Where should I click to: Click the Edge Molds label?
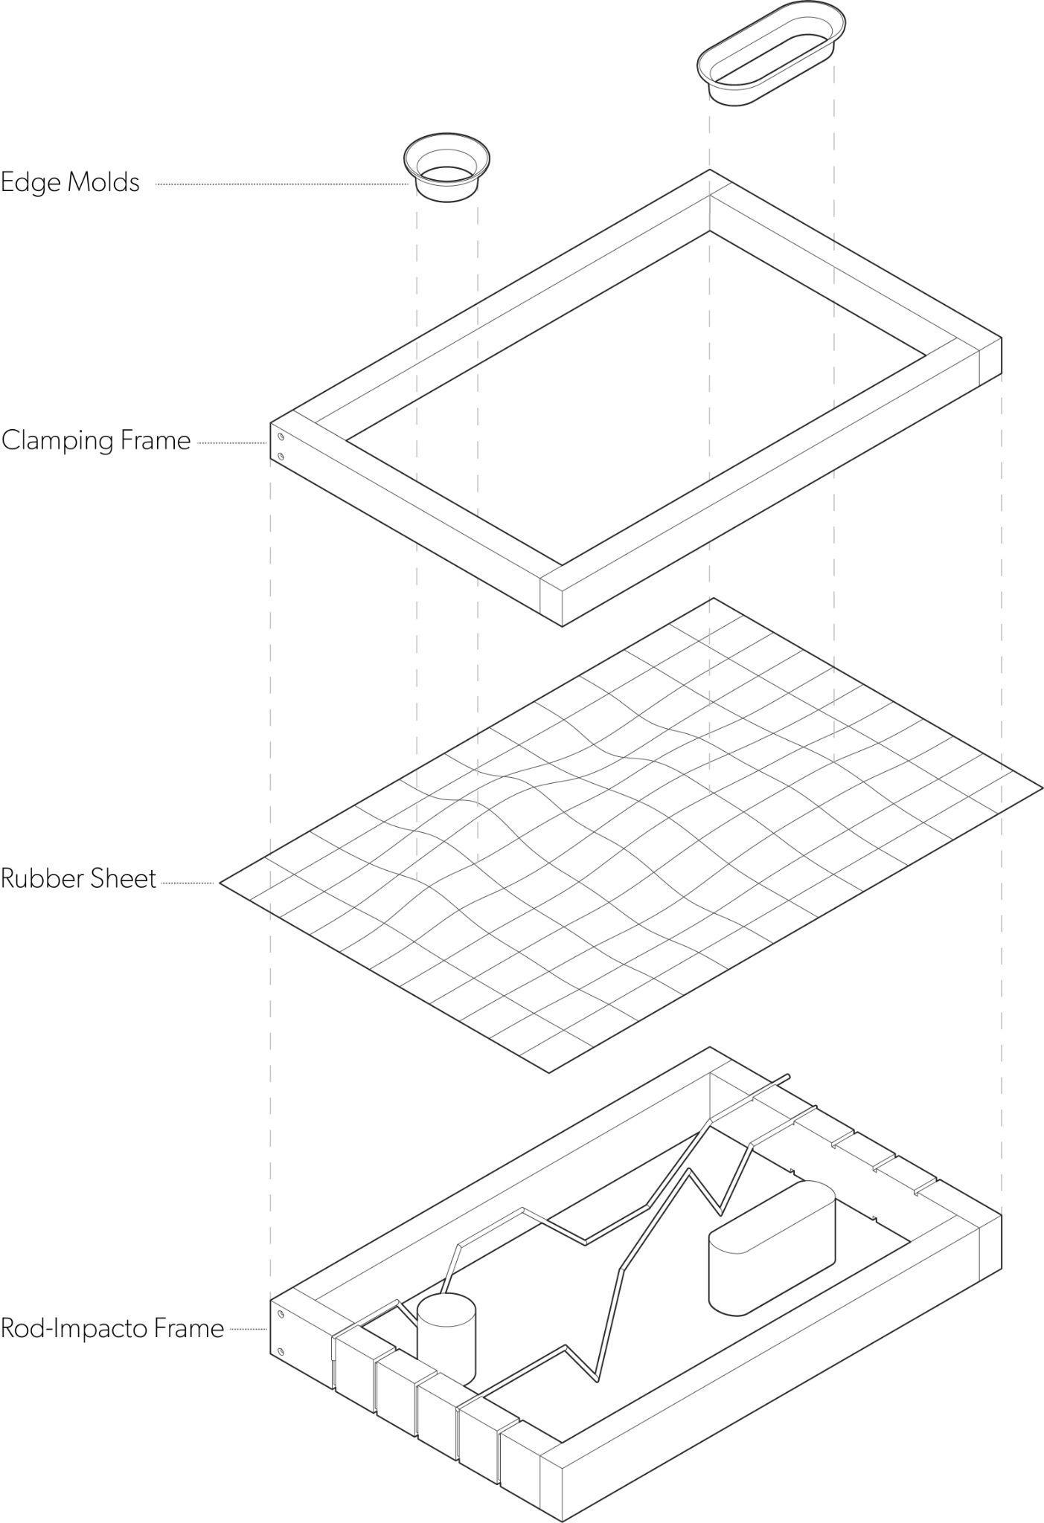click(x=70, y=183)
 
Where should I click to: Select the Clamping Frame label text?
click(x=96, y=441)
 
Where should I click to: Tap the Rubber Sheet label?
click(x=78, y=879)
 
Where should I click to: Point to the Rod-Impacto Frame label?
click(x=112, y=1328)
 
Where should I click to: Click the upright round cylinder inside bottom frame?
click(x=446, y=1338)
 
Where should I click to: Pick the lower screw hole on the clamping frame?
click(x=281, y=456)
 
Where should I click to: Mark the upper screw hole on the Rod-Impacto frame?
click(x=281, y=1314)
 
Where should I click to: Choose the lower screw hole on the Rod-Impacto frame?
click(x=281, y=1350)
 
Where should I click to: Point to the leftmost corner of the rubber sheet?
click(x=220, y=883)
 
